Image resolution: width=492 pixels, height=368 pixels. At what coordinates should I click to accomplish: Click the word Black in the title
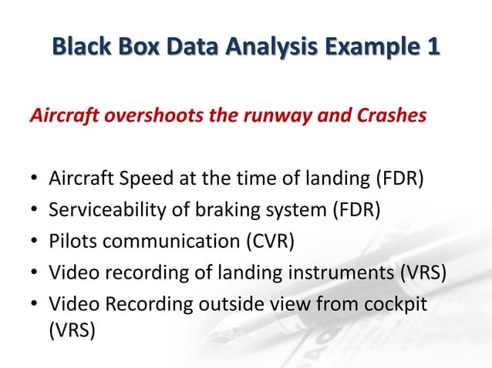80,46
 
